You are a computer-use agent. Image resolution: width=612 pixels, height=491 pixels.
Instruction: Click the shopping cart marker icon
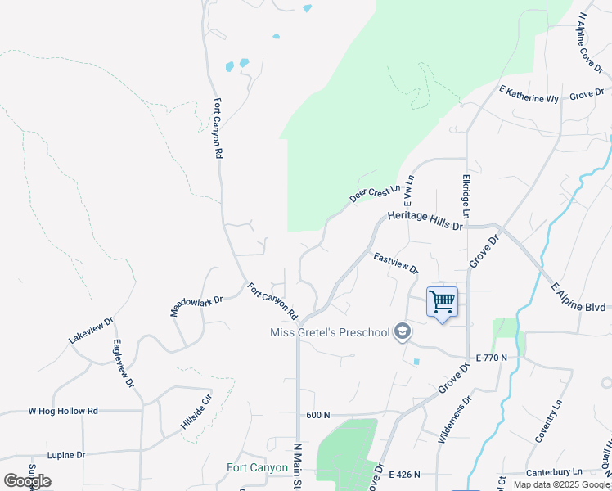442,302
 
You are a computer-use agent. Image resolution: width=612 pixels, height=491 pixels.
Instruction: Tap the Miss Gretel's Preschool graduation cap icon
402,331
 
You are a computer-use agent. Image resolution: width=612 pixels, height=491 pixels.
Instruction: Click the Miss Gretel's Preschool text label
331,332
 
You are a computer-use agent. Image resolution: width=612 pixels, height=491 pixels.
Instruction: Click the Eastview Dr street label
395,263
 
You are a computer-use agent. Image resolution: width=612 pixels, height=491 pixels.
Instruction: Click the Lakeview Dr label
91,330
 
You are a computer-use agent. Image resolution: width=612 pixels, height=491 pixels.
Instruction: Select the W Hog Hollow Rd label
63,411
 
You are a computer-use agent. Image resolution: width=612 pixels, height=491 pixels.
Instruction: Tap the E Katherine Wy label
529,98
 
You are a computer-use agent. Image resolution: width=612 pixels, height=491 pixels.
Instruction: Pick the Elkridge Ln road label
466,196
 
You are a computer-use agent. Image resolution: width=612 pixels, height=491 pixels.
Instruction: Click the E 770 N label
491,358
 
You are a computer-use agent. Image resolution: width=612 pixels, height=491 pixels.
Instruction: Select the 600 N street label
317,416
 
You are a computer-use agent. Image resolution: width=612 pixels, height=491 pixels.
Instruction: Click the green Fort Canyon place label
257,468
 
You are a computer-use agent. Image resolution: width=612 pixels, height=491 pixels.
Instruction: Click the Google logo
27,481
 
